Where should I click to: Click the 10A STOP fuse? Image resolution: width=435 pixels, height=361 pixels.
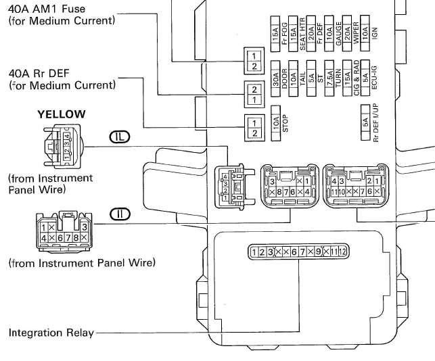coord(276,123)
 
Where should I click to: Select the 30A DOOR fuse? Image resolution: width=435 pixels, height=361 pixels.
coord(276,80)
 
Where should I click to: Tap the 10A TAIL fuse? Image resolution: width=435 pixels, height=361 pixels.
coord(294,80)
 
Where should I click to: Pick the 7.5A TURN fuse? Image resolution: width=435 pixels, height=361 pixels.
coord(329,80)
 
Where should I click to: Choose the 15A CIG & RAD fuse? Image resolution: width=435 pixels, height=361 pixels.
coord(348,80)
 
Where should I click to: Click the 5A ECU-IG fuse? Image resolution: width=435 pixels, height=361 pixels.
coord(365,80)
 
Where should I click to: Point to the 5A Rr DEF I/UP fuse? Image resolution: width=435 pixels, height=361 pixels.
coord(366,123)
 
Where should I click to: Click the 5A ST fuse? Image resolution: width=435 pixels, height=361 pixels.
coord(311,80)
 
